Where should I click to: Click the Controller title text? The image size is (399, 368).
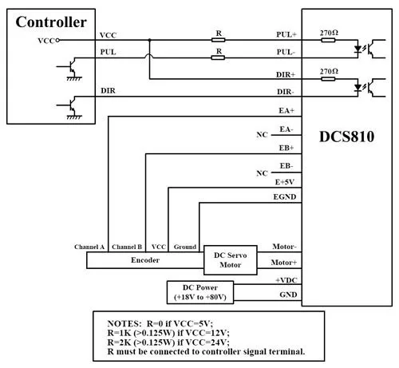[x=51, y=22]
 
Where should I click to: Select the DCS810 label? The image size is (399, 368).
[x=346, y=137]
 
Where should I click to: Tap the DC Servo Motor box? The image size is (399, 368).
[x=231, y=260]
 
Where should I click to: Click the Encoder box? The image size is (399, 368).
[x=145, y=260]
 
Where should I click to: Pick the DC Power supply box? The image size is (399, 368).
[x=200, y=292]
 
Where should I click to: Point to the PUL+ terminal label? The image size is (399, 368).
[x=286, y=34]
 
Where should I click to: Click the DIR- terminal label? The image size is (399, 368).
[x=286, y=92]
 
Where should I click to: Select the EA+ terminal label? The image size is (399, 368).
[x=286, y=110]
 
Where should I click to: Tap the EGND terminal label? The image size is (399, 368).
[x=285, y=197]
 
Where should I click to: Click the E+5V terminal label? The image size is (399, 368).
[x=285, y=182]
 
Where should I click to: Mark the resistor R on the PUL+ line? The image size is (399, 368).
[x=219, y=40]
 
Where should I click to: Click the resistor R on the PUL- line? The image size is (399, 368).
[x=218, y=57]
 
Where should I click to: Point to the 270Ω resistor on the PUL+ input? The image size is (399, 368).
[x=328, y=40]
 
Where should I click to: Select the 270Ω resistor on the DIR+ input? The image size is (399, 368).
[x=328, y=79]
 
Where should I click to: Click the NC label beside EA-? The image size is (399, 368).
[x=262, y=135]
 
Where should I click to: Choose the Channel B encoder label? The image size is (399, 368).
[x=127, y=247]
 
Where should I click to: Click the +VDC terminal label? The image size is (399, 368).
[x=286, y=280]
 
